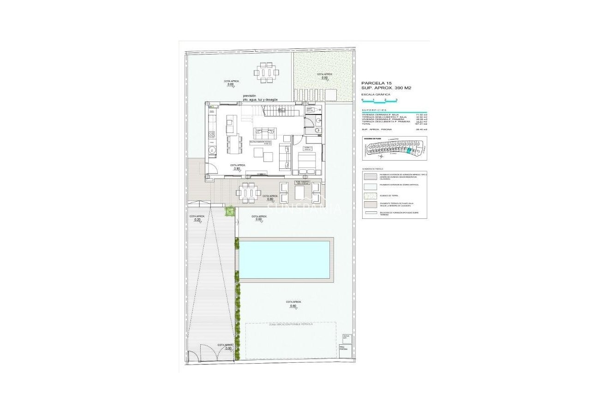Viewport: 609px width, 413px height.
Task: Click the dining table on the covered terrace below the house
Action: (x=248, y=192)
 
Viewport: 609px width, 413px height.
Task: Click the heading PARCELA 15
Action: (x=376, y=83)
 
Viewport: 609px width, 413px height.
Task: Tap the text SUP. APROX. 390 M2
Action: (x=386, y=88)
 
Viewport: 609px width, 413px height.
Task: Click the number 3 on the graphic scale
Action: (x=396, y=100)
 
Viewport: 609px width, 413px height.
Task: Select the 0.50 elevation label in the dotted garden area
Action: (x=325, y=78)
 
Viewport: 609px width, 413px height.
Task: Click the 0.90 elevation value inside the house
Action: (x=237, y=169)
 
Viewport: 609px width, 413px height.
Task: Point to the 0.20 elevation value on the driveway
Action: (x=197, y=220)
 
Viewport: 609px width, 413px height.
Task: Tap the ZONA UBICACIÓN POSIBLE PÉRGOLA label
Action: (x=291, y=325)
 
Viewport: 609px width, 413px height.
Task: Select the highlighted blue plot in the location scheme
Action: (x=409, y=150)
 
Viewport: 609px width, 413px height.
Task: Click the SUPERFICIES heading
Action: (x=374, y=110)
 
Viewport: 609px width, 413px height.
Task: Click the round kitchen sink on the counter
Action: (x=213, y=150)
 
